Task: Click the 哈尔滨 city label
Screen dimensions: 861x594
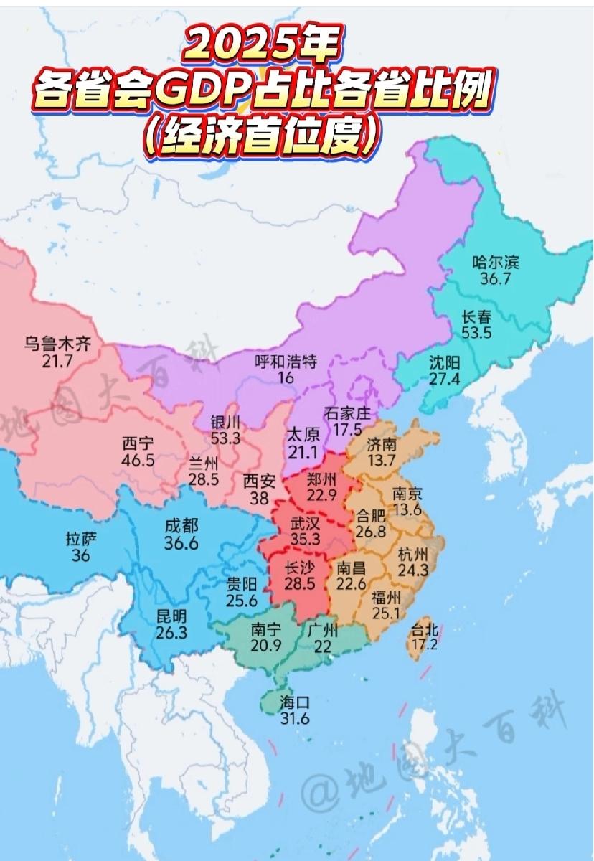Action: tap(495, 262)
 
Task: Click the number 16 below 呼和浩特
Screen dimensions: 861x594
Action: tap(286, 377)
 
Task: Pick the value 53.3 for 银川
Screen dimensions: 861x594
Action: tap(226, 437)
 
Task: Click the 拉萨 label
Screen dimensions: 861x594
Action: tap(81, 538)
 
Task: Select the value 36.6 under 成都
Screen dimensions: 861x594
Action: tap(181, 544)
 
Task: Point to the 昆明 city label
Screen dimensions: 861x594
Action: tap(171, 615)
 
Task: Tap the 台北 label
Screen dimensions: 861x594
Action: tap(423, 630)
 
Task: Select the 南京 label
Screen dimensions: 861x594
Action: tap(407, 494)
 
